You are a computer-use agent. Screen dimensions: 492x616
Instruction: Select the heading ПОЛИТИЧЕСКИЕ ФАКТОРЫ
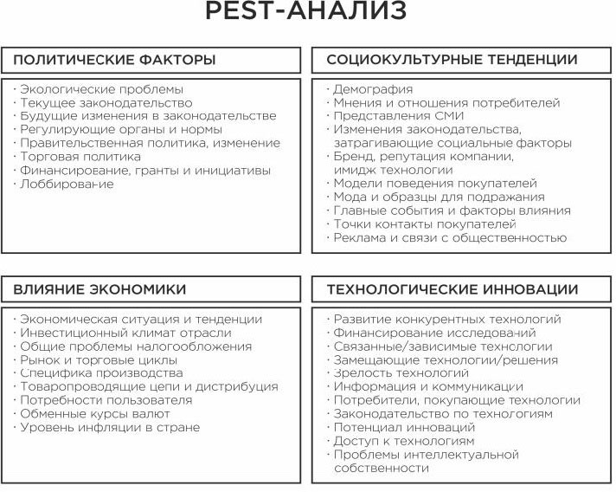coord(114,60)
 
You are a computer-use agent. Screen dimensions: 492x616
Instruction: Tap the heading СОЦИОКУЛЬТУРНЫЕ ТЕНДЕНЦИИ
coord(452,60)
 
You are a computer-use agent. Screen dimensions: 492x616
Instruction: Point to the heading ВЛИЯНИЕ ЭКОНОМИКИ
coord(99,288)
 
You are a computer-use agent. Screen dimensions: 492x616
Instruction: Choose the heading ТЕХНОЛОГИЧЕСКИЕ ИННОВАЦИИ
coord(452,288)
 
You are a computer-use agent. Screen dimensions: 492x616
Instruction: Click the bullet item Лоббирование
coord(67,184)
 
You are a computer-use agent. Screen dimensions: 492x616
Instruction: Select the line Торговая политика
coord(80,157)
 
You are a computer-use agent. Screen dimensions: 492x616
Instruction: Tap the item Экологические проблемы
coord(101,89)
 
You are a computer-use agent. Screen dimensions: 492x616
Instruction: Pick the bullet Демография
coord(373,89)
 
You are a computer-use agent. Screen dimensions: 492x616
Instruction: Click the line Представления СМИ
coord(399,116)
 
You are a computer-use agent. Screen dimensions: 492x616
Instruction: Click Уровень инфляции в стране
coord(110,427)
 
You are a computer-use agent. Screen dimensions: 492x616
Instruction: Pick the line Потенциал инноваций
coord(392,427)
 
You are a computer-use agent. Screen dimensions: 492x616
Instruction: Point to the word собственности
coord(382,468)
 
